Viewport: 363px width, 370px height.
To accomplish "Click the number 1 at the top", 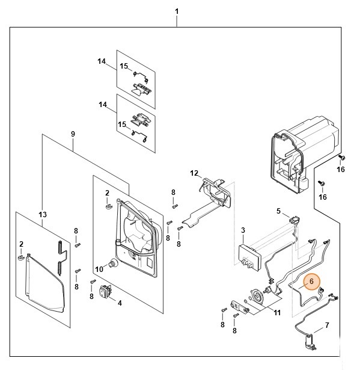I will click(x=177, y=11).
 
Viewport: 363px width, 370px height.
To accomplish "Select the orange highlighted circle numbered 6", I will click(x=312, y=281).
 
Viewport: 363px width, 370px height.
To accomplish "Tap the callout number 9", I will click(x=72, y=132).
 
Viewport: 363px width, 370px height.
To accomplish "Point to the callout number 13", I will click(x=42, y=214).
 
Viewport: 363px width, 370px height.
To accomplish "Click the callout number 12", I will click(x=194, y=173).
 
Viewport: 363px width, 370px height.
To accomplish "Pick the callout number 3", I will click(x=242, y=230).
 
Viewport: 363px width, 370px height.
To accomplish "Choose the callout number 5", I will click(x=278, y=211).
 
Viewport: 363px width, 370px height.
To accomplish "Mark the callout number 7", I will click(x=327, y=325).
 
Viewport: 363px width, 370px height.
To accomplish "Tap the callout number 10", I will click(x=100, y=268).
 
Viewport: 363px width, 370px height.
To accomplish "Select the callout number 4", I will click(x=120, y=303).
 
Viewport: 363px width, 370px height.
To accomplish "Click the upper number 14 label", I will click(x=102, y=61).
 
